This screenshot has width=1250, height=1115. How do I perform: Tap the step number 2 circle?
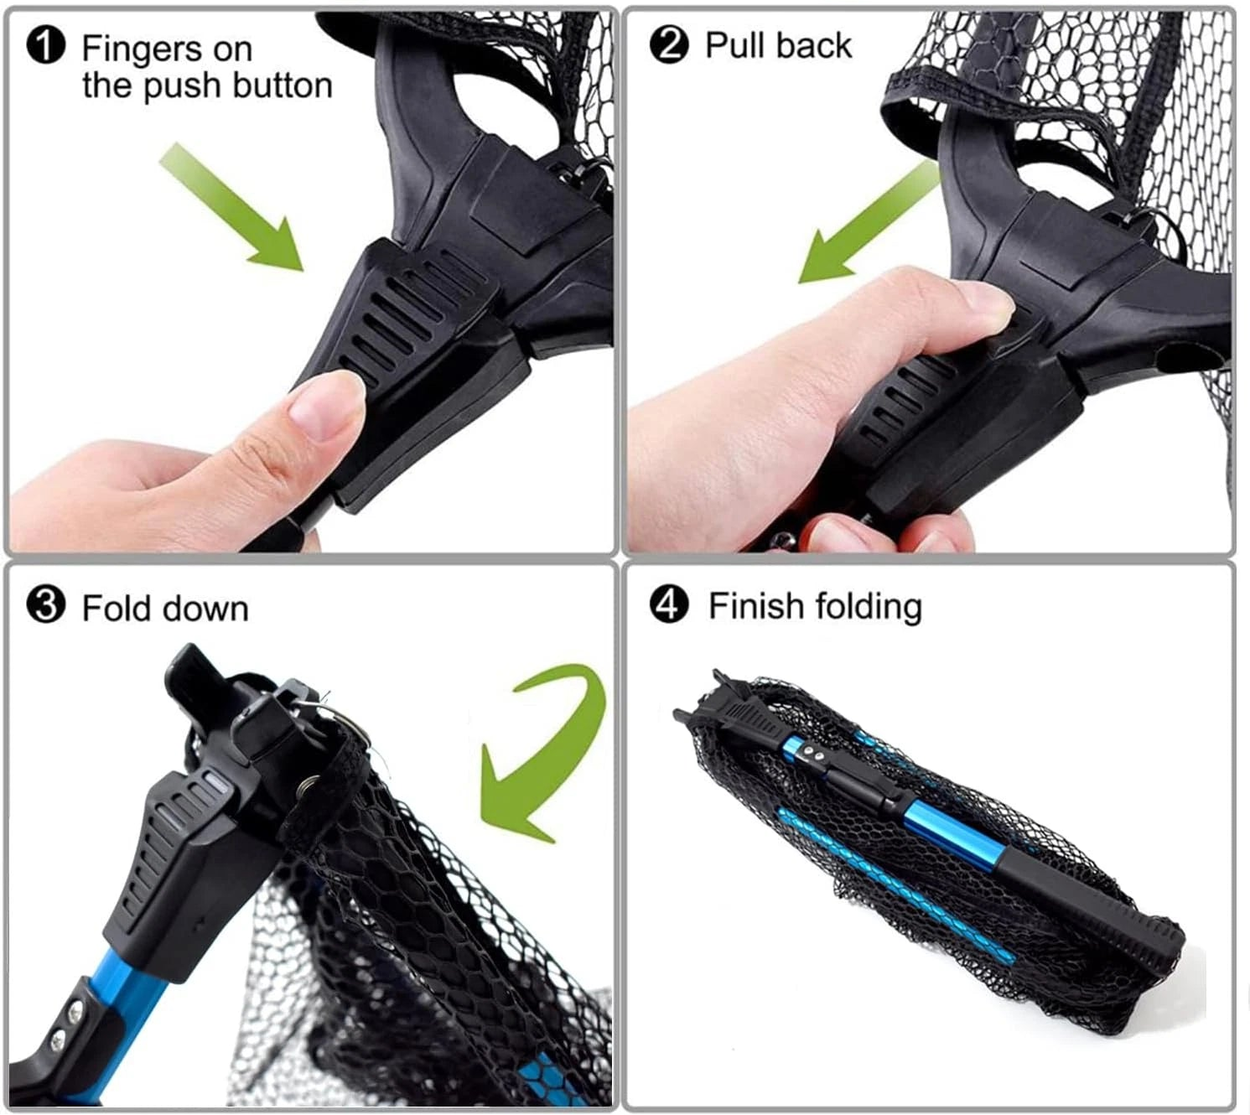[x=669, y=44]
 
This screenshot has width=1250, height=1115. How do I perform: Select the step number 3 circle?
[x=45, y=604]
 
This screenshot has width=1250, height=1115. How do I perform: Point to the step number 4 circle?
[x=669, y=604]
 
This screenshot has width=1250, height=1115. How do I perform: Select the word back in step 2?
[x=814, y=45]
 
